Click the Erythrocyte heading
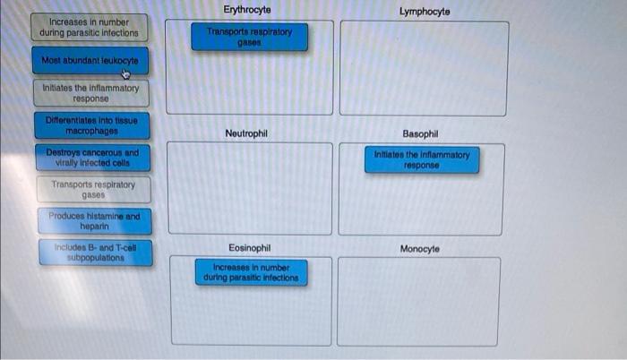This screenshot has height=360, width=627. click(x=250, y=9)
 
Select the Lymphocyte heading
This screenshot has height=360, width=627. click(x=425, y=12)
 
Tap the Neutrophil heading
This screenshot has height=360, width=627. click(x=246, y=133)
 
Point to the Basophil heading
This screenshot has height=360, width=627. click(x=421, y=133)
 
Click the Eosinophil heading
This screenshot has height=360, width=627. click(x=250, y=248)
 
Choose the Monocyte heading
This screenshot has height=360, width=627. click(x=420, y=248)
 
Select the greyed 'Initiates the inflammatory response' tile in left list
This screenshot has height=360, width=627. click(x=90, y=93)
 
